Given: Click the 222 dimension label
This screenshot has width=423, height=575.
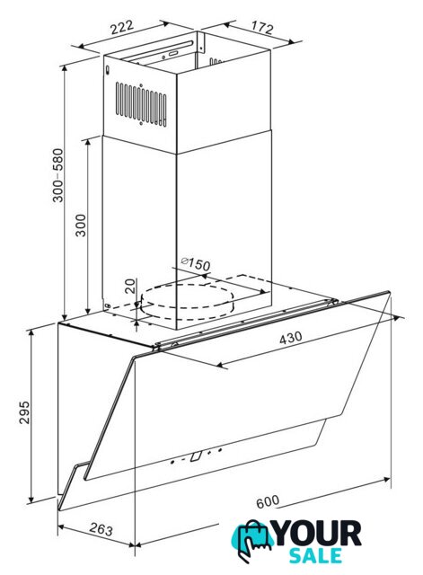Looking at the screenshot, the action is pyautogui.click(x=122, y=27).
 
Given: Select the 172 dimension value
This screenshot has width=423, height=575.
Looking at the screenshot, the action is pyautogui.click(x=262, y=28).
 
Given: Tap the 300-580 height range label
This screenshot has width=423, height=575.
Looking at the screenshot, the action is pyautogui.click(x=57, y=175).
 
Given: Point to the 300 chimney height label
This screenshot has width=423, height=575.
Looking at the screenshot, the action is pyautogui.click(x=80, y=226).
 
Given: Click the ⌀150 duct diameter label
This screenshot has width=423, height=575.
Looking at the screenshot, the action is pyautogui.click(x=196, y=263).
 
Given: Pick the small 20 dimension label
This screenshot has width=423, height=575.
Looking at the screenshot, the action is pyautogui.click(x=130, y=286).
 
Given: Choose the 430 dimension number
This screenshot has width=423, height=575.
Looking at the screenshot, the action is pyautogui.click(x=291, y=338).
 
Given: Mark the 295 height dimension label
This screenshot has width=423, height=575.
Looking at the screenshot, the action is pyautogui.click(x=24, y=412).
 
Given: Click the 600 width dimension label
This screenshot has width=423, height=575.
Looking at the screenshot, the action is pyautogui.click(x=268, y=501).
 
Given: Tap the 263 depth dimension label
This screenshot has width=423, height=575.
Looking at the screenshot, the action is pyautogui.click(x=101, y=529).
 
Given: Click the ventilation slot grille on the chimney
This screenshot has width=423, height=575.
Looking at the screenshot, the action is pyautogui.click(x=141, y=104).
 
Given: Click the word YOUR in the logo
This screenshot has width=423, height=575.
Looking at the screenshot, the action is pyautogui.click(x=317, y=534).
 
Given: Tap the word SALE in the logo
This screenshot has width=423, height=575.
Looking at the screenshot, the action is pyautogui.click(x=315, y=555).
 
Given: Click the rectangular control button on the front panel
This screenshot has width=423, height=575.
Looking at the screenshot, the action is pyautogui.click(x=196, y=456).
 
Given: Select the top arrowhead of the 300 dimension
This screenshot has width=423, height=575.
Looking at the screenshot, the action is pyautogui.click(x=88, y=142).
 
